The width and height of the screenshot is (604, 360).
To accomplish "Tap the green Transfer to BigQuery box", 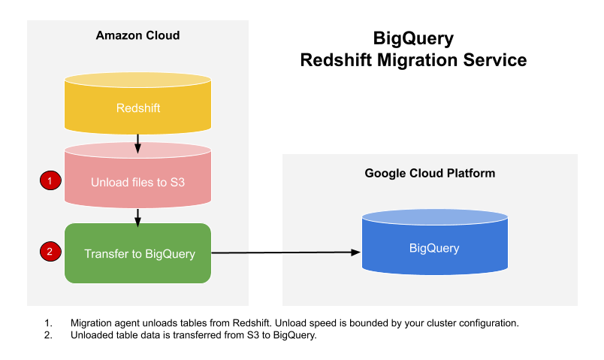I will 137,253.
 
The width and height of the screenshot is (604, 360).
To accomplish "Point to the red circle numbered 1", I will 50,181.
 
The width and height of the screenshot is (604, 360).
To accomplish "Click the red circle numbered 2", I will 50,252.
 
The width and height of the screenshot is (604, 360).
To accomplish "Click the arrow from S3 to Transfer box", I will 137,216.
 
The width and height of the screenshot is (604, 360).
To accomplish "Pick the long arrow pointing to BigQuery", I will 285,253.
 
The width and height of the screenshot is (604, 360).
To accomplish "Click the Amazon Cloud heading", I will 137,35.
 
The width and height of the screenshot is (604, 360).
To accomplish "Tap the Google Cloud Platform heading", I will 430,173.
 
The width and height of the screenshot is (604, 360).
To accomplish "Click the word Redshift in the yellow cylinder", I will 138,108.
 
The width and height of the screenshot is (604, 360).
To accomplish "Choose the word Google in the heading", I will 383,173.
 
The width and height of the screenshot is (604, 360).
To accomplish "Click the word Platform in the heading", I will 471,173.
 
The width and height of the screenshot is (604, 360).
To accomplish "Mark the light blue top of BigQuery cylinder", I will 434,217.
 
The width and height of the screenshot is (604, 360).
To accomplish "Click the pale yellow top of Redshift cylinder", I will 137,80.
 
